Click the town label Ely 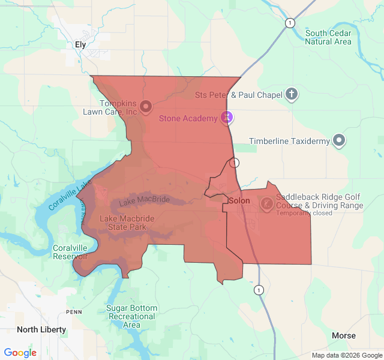80,44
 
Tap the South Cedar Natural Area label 328,37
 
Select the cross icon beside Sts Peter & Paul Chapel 291,94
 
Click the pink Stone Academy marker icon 226,118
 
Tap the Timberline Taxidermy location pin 339,140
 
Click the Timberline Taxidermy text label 290,142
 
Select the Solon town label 239,200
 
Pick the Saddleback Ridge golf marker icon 265,205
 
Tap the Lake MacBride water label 144,200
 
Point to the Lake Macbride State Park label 123,223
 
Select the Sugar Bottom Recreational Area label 131,316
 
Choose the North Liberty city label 41,329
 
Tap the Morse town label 343,335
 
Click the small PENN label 74,312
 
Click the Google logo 20,353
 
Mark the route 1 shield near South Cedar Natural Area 290,23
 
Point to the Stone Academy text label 188,118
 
